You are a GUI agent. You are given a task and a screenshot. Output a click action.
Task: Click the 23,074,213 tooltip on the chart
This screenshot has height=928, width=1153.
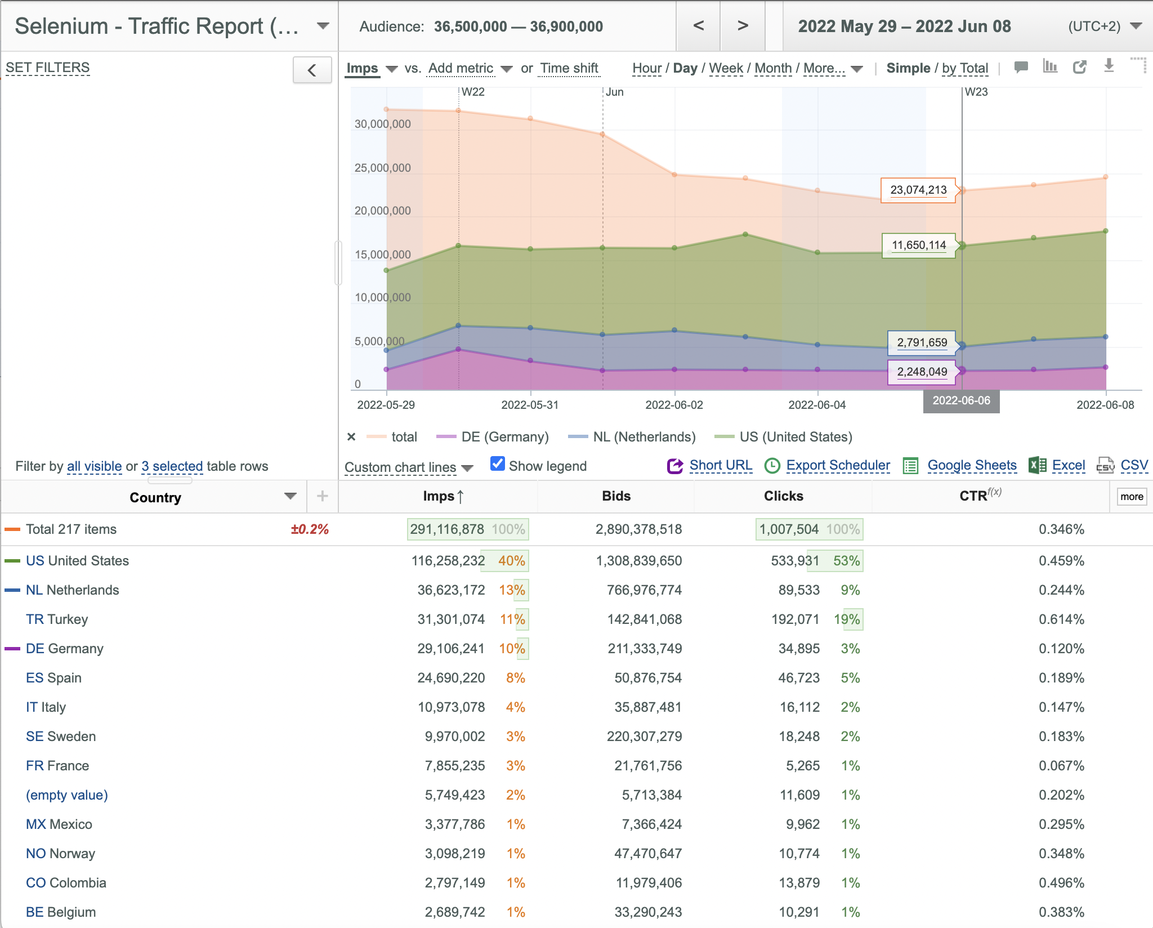click(918, 190)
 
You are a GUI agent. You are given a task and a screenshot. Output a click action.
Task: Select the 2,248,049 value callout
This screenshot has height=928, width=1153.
click(922, 372)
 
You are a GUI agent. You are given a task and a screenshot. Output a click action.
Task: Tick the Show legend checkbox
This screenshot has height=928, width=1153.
click(498, 464)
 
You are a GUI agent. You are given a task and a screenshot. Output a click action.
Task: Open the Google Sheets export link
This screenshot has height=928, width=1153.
click(972, 465)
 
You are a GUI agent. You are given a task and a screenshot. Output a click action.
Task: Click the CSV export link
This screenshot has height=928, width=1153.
click(1134, 465)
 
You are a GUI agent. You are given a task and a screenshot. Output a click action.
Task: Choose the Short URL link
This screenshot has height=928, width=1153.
click(721, 465)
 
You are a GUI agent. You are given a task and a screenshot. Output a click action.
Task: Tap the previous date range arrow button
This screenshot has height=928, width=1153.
click(698, 26)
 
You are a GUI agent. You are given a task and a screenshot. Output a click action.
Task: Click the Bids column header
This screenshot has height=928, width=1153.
click(616, 496)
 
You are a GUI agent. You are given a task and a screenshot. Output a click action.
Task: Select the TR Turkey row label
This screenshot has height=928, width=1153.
click(57, 619)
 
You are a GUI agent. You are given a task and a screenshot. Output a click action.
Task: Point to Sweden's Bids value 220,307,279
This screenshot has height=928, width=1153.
click(644, 737)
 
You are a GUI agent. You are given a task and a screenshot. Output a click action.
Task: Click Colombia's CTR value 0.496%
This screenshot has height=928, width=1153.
click(1061, 883)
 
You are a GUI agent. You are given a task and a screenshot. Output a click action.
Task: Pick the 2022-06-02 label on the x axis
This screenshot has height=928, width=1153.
click(674, 405)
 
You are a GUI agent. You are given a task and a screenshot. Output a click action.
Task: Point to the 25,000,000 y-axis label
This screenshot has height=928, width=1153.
click(382, 168)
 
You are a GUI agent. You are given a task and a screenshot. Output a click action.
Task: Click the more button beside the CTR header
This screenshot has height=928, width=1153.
click(1132, 497)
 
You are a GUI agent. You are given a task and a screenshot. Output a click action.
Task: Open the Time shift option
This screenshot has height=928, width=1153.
click(569, 68)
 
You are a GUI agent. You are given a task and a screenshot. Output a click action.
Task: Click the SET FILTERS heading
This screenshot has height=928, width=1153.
click(48, 68)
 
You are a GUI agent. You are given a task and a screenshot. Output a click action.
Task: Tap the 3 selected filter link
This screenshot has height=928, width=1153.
click(172, 466)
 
